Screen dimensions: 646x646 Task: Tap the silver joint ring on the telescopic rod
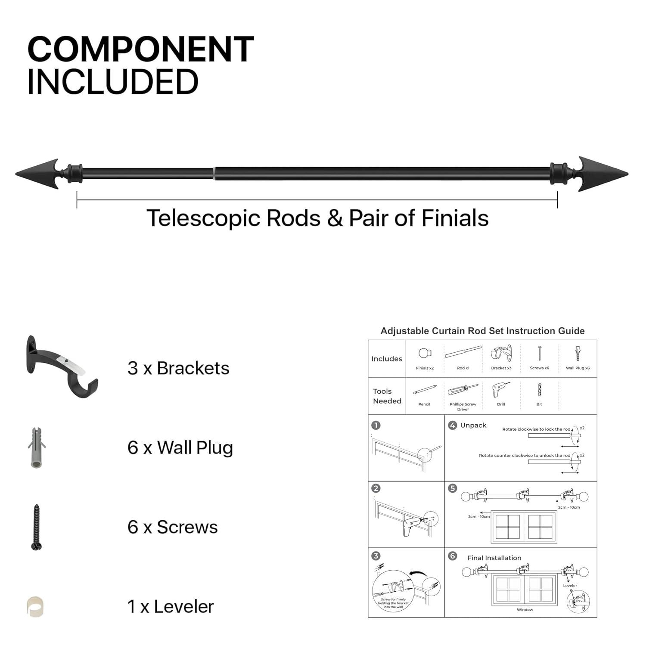point(214,174)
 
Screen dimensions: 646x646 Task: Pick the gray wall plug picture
point(36,447)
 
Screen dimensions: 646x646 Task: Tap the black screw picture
point(36,527)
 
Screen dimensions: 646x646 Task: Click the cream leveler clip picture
point(35,606)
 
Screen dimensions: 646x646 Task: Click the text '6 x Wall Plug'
point(180,447)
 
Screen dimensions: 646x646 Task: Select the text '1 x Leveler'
point(171,606)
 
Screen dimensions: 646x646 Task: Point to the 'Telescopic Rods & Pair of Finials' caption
point(317,218)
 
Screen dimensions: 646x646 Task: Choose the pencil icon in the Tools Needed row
point(425,390)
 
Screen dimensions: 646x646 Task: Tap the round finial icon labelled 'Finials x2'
point(425,354)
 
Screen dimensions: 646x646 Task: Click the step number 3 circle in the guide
point(376,556)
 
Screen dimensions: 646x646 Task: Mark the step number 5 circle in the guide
point(452,488)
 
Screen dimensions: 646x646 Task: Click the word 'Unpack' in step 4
point(473,425)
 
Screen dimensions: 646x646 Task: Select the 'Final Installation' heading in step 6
point(494,558)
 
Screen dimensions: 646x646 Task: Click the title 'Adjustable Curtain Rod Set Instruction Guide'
point(482,331)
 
